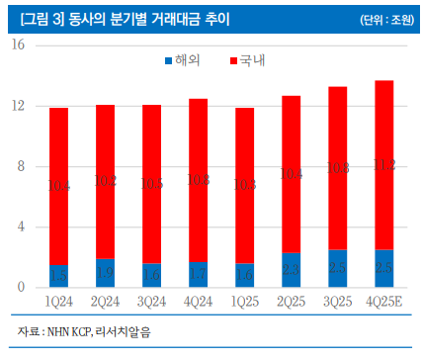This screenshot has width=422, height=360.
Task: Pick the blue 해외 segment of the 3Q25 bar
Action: pos(338,269)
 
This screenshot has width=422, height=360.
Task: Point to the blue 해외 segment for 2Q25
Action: pos(292,270)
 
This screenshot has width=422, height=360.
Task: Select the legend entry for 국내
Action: pos(253,61)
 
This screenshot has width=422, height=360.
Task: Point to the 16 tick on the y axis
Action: pos(20,45)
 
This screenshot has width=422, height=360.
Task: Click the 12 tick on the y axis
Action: pos(20,106)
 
